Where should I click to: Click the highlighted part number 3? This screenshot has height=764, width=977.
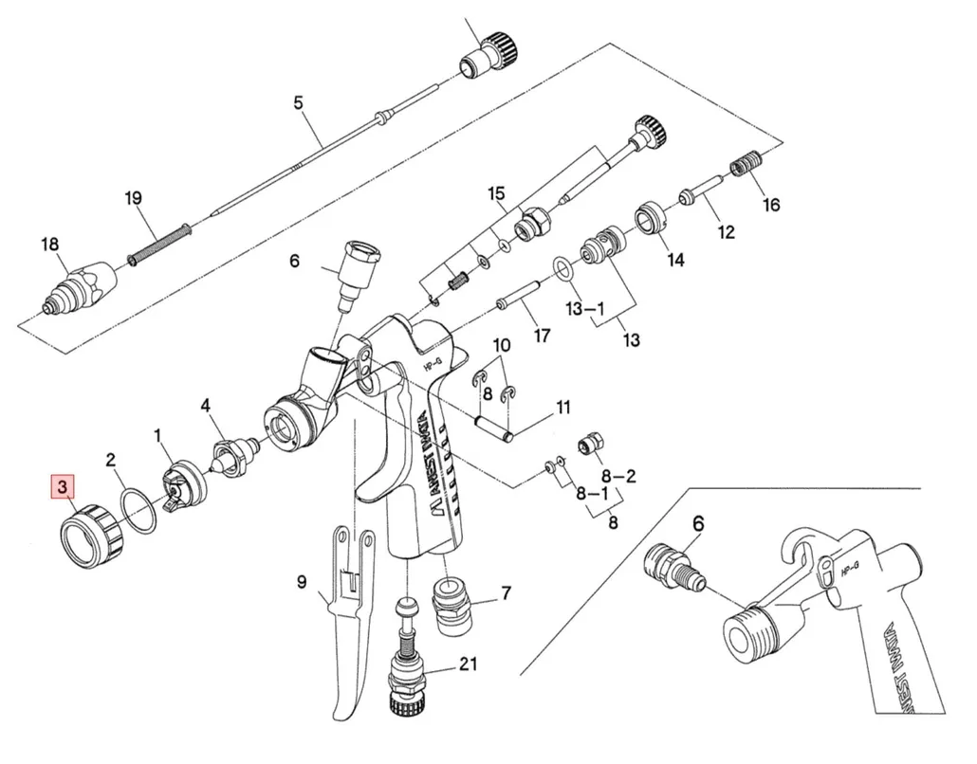tap(64, 488)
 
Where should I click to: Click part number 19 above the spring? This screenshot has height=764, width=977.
tap(133, 198)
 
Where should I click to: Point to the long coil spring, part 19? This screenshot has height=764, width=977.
tap(159, 244)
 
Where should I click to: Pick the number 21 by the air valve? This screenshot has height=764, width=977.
tap(467, 664)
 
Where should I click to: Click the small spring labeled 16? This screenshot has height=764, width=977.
tap(746, 167)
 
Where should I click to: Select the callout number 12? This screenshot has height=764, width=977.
tap(726, 232)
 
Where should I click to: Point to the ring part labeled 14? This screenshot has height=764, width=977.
tap(651, 219)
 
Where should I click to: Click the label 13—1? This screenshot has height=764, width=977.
tap(585, 308)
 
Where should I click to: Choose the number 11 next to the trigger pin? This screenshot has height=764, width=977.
tap(562, 409)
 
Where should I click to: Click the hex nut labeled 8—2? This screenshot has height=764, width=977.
tap(591, 441)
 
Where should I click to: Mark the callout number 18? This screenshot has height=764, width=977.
tap(49, 246)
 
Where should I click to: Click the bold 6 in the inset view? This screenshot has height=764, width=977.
tap(699, 523)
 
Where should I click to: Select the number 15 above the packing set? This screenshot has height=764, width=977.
tap(497, 194)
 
